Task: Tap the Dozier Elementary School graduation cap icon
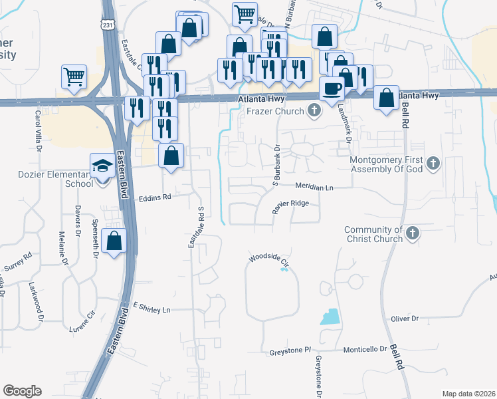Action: (102, 165)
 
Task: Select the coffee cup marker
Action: (331, 88)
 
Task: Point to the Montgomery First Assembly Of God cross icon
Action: (433, 162)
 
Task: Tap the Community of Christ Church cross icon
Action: (413, 232)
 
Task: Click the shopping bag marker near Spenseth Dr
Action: (114, 241)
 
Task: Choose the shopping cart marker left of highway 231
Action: (74, 76)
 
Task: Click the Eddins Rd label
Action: (155, 198)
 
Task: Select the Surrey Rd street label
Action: (18, 261)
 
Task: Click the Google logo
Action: (22, 391)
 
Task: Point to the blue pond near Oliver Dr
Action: (330, 317)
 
